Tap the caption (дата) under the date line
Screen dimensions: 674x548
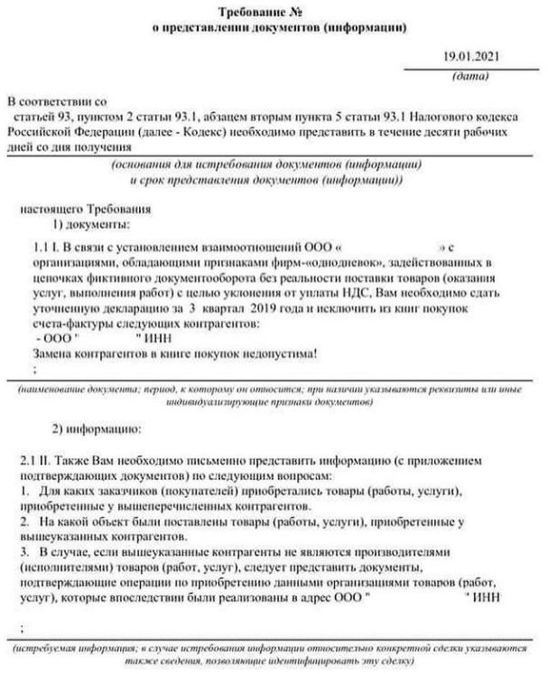[469, 78]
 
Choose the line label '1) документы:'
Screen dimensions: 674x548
[91, 222]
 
